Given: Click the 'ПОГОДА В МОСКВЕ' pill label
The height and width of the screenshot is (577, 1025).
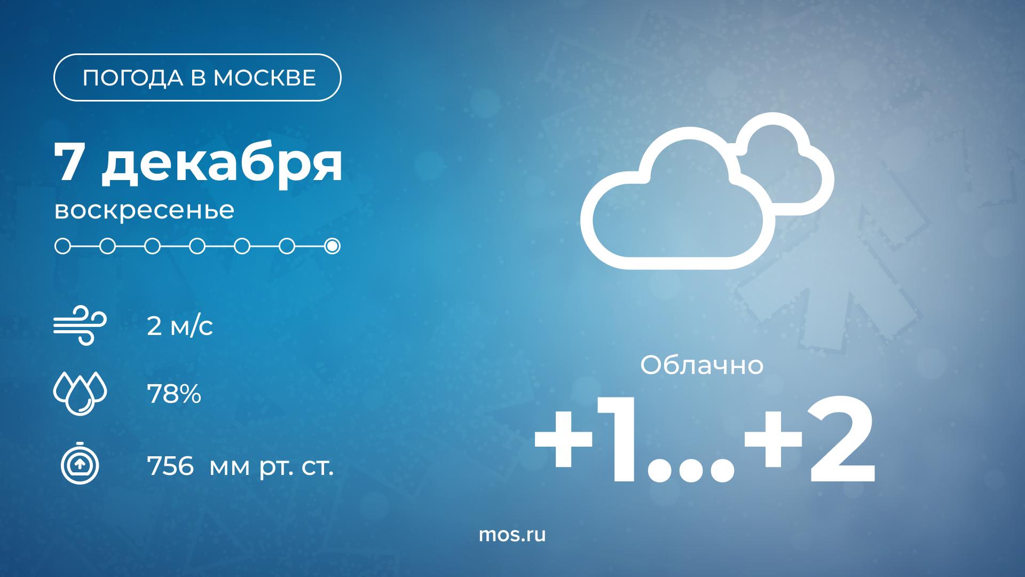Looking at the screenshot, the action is [198, 77].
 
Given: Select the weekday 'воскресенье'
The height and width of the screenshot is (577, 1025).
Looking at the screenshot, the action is [144, 210].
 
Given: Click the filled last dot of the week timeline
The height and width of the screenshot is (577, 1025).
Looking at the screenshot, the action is [332, 246].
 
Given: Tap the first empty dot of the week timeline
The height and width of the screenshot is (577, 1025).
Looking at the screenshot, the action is [62, 246].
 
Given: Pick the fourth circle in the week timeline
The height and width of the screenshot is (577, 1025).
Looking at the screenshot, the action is [198, 246].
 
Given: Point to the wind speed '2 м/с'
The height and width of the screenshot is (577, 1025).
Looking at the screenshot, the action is [180, 326].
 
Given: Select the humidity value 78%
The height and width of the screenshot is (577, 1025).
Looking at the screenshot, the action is [174, 395].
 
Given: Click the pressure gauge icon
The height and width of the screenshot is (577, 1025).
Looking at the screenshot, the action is [80, 463].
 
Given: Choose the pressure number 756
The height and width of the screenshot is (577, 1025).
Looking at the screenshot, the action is [170, 467].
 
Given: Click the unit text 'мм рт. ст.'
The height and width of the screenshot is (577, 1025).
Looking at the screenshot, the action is [272, 468].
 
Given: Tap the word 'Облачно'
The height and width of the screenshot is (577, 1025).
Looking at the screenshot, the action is [702, 366].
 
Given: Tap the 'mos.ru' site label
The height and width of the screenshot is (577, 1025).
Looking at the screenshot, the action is [512, 534].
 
